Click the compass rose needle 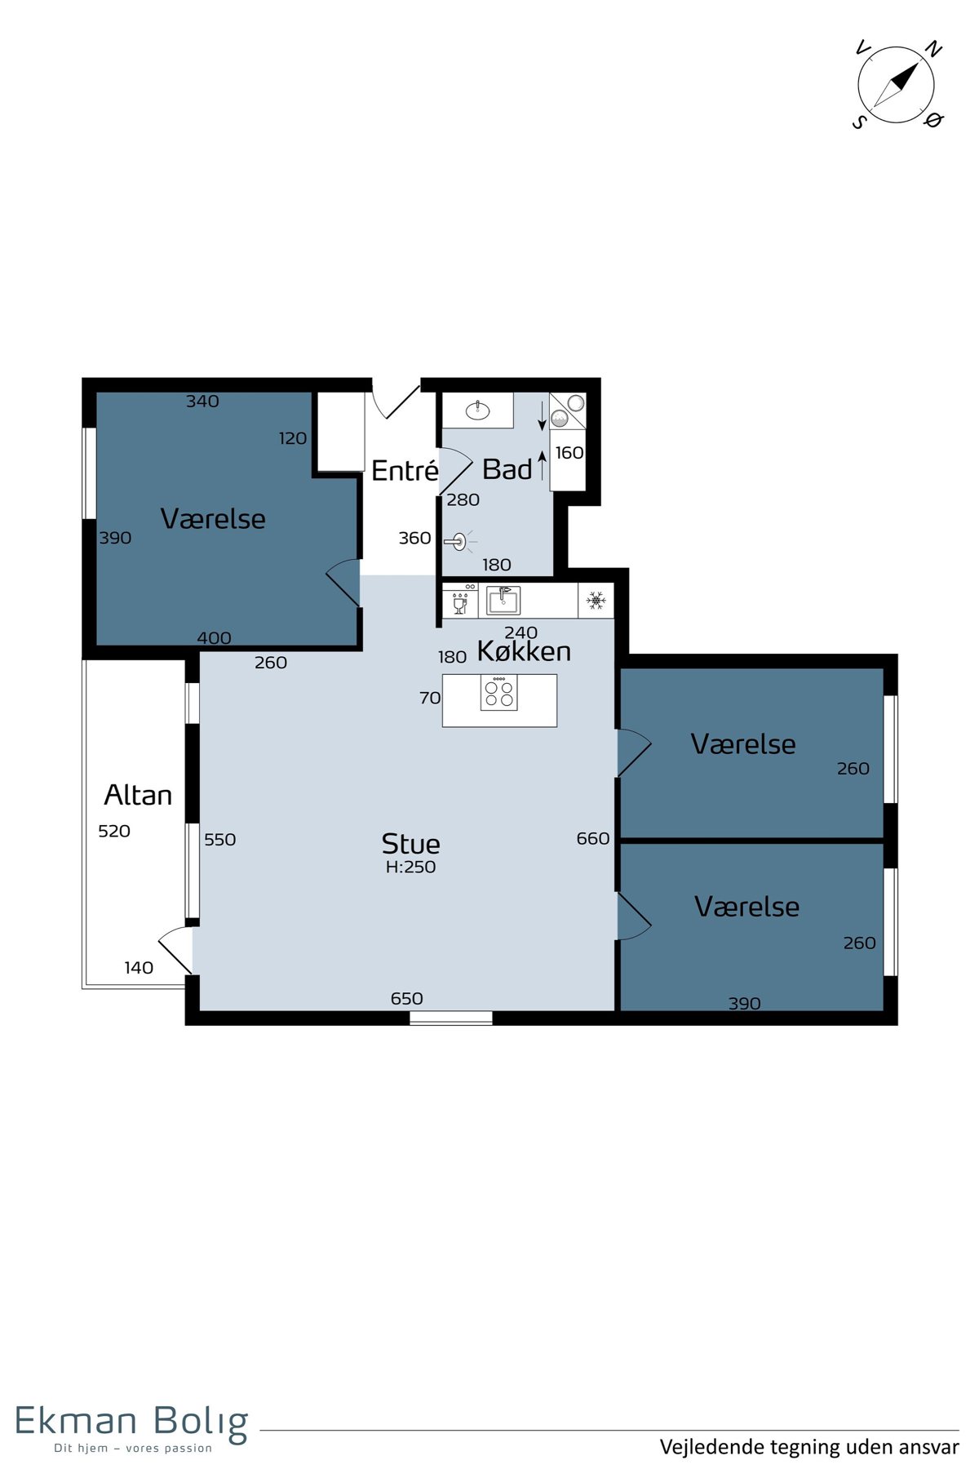click(896, 85)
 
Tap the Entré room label click(405, 471)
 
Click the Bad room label click(507, 469)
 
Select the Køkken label click(524, 651)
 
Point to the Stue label click(410, 843)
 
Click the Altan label click(138, 795)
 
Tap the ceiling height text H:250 click(410, 868)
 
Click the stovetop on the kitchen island click(499, 693)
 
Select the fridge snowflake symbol click(596, 601)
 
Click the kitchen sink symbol click(503, 601)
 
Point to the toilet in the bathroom click(458, 541)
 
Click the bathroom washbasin click(477, 410)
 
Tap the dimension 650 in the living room click(406, 999)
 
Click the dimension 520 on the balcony click(114, 832)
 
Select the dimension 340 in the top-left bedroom click(202, 402)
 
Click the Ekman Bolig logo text click(131, 1421)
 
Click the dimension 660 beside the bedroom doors click(593, 839)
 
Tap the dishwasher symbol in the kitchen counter click(460, 601)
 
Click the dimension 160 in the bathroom click(569, 453)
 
